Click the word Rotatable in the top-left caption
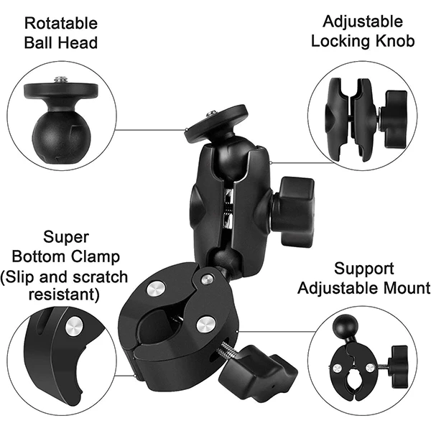[61, 23]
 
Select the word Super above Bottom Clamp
[66, 237]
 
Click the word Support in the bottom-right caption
[364, 269]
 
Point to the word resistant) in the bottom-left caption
[64, 295]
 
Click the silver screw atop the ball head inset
[61, 80]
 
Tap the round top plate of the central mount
[216, 123]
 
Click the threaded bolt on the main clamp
[227, 351]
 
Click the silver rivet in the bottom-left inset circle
[74, 327]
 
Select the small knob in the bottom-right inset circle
[398, 366]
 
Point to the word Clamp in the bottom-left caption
[96, 256]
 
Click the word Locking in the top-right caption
[341, 42]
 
